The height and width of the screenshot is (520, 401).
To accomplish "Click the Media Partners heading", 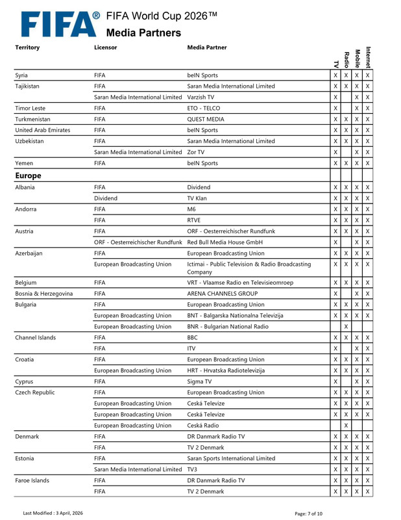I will coord(143,32).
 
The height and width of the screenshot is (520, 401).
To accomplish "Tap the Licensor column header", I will coord(106,47).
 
